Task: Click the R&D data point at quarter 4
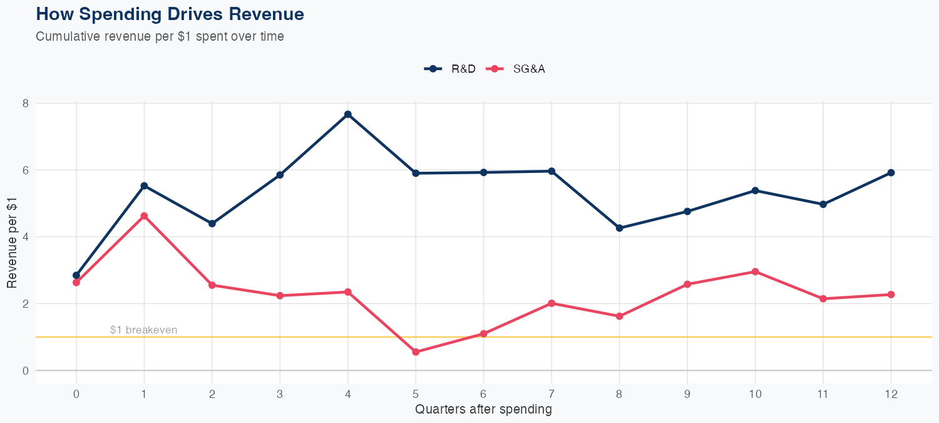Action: [x=347, y=115]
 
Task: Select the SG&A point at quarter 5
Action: [x=416, y=352]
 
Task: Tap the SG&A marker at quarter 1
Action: [x=144, y=216]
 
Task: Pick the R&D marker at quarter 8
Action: [x=619, y=228]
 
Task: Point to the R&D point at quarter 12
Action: [x=891, y=172]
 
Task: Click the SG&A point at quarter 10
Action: [x=755, y=271]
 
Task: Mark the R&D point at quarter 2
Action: [x=212, y=224]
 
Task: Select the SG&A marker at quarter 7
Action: [x=552, y=303]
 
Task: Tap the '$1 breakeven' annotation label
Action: [x=143, y=330]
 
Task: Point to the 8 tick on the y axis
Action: [x=26, y=103]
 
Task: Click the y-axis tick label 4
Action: [x=26, y=237]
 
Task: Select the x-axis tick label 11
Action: [x=823, y=394]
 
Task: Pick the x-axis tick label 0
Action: [x=76, y=394]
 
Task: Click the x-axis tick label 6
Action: [x=483, y=394]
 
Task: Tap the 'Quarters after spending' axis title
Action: [x=483, y=410]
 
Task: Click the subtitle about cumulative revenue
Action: [x=160, y=36]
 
